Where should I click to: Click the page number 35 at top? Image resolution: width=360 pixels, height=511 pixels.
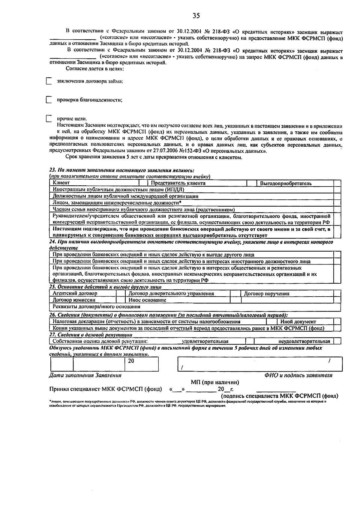[x=196, y=16]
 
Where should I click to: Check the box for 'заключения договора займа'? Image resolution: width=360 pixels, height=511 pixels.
[x=49, y=82]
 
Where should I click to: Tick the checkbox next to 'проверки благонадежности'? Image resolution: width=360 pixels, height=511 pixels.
[x=49, y=100]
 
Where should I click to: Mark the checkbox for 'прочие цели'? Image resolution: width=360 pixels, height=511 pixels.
[x=49, y=119]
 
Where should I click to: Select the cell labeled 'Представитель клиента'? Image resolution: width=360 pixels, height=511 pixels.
[x=178, y=183]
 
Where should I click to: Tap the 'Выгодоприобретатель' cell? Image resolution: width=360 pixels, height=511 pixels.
[x=286, y=183]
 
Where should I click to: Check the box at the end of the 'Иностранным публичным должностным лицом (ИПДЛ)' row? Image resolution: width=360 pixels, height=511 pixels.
[x=337, y=190]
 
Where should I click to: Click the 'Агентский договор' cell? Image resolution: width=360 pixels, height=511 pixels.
[x=75, y=294]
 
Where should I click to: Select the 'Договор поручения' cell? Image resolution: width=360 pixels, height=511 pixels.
[x=267, y=294]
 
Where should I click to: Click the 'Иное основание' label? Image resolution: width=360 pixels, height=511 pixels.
[x=147, y=300]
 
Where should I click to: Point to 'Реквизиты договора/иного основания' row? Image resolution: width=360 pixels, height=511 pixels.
[x=96, y=307]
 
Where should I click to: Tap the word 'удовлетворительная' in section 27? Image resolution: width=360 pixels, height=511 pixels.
[x=205, y=341]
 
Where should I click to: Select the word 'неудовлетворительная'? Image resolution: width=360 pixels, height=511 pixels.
[x=304, y=341]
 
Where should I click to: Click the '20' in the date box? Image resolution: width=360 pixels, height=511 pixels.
[x=131, y=361]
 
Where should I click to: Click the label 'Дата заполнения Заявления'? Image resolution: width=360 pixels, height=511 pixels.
[x=85, y=375]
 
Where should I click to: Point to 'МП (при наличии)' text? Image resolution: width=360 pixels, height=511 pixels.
[x=215, y=382]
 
